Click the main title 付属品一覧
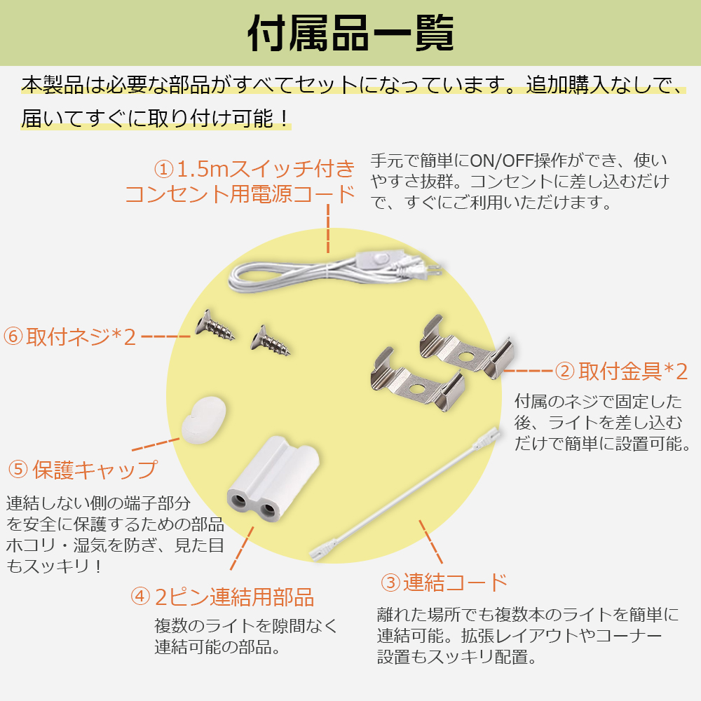351,34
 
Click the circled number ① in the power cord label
164,170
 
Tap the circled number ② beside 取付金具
564,372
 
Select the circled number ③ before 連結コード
390,583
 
